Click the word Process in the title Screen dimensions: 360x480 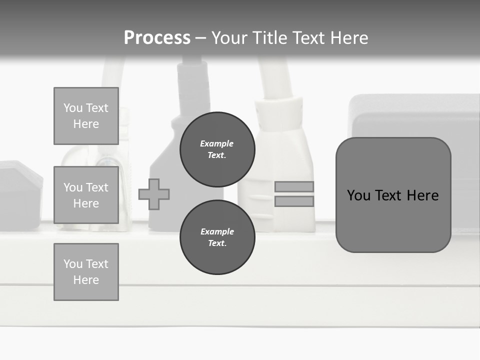pyautogui.click(x=157, y=38)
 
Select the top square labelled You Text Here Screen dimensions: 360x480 pyautogui.click(x=86, y=116)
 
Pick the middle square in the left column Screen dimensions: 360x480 pyautogui.click(x=86, y=195)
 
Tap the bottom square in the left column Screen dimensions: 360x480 pyautogui.click(x=86, y=272)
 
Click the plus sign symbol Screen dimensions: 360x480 pyautogui.click(x=154, y=194)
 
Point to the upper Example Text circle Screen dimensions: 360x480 pyautogui.click(x=217, y=149)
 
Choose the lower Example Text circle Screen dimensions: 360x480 pyautogui.click(x=217, y=237)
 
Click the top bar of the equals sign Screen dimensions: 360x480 pyautogui.click(x=294, y=186)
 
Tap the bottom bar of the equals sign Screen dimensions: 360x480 pyautogui.click(x=294, y=201)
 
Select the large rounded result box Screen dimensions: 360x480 pyautogui.click(x=393, y=195)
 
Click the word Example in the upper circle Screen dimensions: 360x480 pyautogui.click(x=217, y=143)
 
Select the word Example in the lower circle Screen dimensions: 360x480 pyautogui.click(x=217, y=231)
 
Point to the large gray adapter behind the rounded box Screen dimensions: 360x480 pyautogui.click(x=415, y=115)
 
